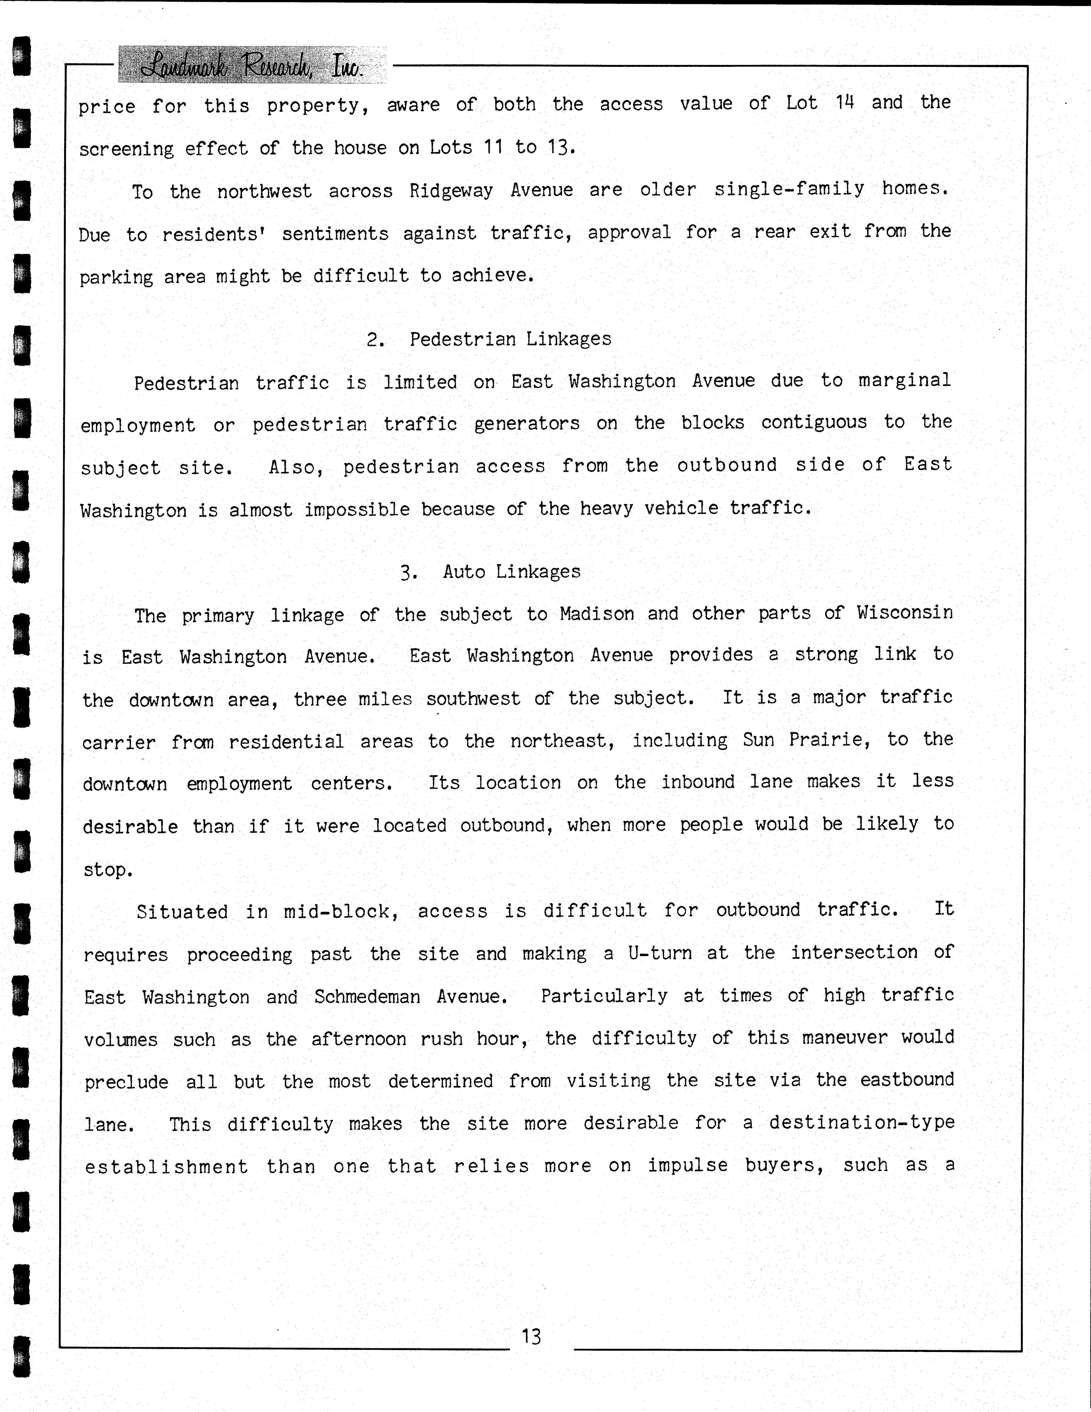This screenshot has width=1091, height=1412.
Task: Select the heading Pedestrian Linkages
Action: [x=510, y=339]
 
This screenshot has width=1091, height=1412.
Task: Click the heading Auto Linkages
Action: [x=512, y=572]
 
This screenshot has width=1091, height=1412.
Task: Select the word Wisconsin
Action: [x=905, y=612]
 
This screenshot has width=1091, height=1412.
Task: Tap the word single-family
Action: [x=789, y=189]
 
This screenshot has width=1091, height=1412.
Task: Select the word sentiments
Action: [x=335, y=233]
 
